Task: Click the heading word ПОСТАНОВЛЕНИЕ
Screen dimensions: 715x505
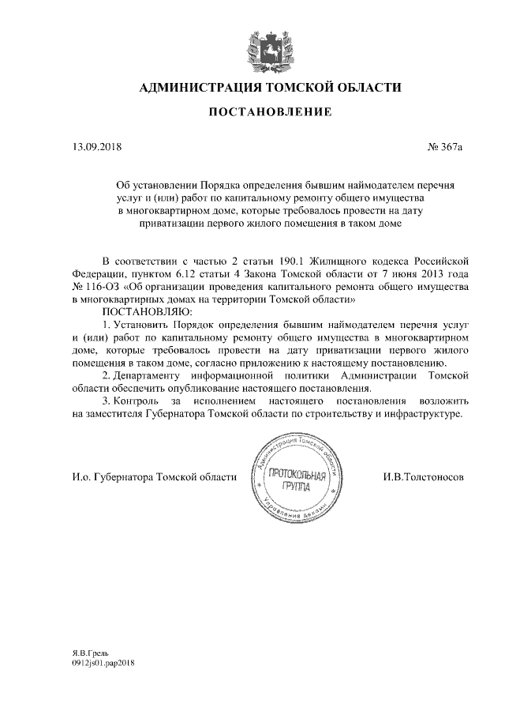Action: [270, 113]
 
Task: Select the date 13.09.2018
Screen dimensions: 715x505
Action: [93, 146]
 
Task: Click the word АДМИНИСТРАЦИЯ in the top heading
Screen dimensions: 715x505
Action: [198, 87]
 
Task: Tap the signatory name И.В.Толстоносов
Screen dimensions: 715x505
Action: [423, 477]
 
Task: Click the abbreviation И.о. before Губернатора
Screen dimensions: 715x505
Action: [80, 477]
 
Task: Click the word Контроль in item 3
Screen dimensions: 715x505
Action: [139, 401]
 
